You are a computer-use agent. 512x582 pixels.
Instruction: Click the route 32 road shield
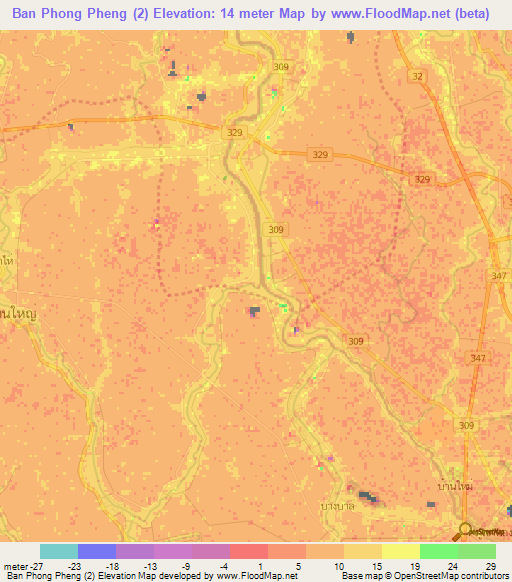pos(416,76)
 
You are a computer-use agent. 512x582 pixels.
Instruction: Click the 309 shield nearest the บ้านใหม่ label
pos(465,425)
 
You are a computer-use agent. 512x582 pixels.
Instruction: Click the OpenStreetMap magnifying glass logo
pos(465,530)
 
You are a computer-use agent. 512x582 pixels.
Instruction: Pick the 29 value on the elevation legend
pos(490,565)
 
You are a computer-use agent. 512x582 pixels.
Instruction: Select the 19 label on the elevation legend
pos(414,565)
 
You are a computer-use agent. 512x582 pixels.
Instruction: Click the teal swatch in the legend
pos(59,551)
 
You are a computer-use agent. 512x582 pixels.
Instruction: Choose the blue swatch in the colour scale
pos(96,551)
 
